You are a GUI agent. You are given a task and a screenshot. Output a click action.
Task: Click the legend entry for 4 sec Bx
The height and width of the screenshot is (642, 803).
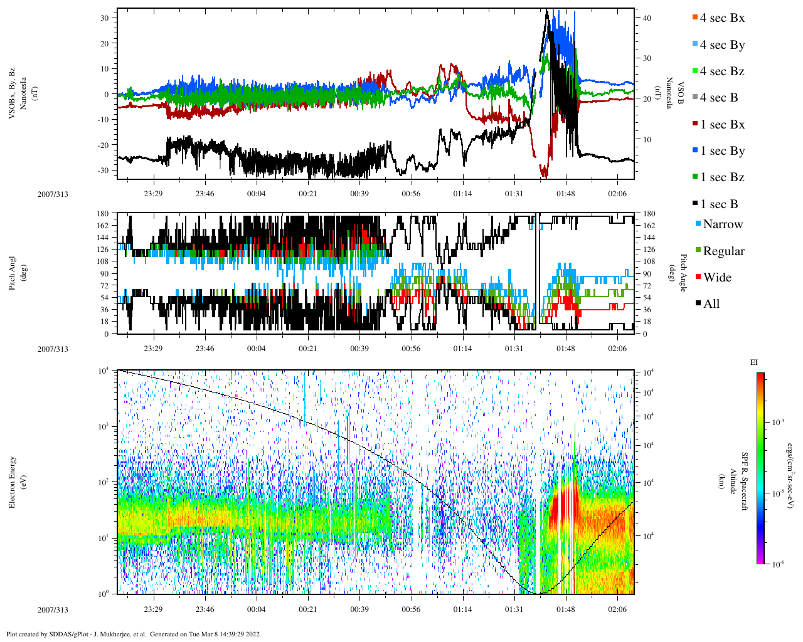[721, 18]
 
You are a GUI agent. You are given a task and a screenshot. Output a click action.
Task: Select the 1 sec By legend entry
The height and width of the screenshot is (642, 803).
[721, 151]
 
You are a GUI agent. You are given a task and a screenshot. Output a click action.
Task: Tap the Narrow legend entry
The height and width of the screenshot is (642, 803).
[722, 224]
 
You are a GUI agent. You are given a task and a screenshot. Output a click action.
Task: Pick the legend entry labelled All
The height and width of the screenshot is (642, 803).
[711, 304]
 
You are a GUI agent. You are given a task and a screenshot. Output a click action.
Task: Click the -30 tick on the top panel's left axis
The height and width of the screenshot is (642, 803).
[104, 171]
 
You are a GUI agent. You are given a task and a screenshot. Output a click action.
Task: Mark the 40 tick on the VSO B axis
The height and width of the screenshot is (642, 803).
[647, 18]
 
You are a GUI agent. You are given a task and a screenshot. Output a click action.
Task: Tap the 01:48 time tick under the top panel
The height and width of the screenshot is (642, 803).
[565, 194]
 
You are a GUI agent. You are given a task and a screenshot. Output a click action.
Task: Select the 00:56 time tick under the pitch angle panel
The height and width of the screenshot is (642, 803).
[411, 349]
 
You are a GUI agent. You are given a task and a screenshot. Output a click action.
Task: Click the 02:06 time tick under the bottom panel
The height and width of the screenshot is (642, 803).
[617, 609]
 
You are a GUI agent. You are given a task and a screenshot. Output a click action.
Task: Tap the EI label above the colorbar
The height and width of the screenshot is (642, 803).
[753, 362]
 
